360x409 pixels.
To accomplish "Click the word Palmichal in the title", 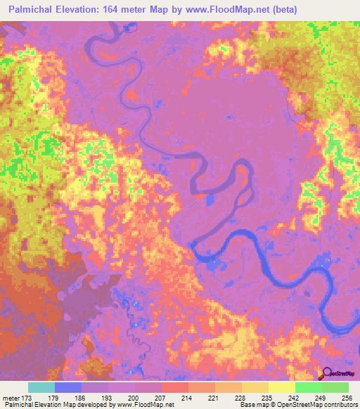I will (34, 9).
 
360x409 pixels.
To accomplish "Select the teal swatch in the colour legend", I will (41, 387).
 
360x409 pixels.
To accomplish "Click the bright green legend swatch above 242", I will (308, 387).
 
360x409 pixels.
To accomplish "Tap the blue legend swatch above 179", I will (67, 387).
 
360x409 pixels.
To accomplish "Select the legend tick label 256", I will (347, 397).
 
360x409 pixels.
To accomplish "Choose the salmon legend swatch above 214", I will (174, 387).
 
